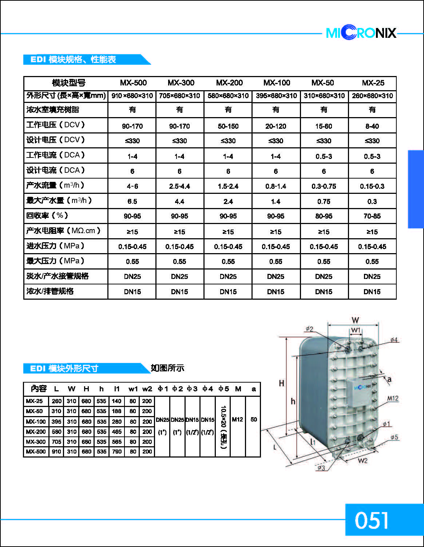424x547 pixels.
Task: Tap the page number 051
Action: click(x=372, y=520)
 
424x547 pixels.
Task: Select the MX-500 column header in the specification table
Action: click(x=133, y=83)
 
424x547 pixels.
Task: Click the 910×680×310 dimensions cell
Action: click(x=132, y=96)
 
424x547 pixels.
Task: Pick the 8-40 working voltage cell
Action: click(x=372, y=126)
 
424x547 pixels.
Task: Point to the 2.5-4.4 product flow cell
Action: click(x=179, y=186)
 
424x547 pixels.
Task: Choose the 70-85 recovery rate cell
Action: click(x=372, y=216)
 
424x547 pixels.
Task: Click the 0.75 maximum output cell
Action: click(x=324, y=201)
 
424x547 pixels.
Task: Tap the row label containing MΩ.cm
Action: click(x=63, y=231)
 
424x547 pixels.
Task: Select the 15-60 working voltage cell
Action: click(x=324, y=126)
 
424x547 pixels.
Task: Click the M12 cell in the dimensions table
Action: click(x=237, y=420)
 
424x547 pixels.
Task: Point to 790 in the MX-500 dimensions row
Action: click(x=117, y=452)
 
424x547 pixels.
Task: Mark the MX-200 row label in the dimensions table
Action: click(x=36, y=432)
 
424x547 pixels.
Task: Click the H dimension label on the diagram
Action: click(x=281, y=383)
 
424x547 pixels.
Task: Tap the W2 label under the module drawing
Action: click(x=362, y=461)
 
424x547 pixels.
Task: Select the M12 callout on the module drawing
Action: click(x=392, y=398)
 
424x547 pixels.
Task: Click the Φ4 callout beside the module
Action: click(x=394, y=340)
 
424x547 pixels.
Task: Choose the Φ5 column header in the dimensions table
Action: click(x=223, y=389)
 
